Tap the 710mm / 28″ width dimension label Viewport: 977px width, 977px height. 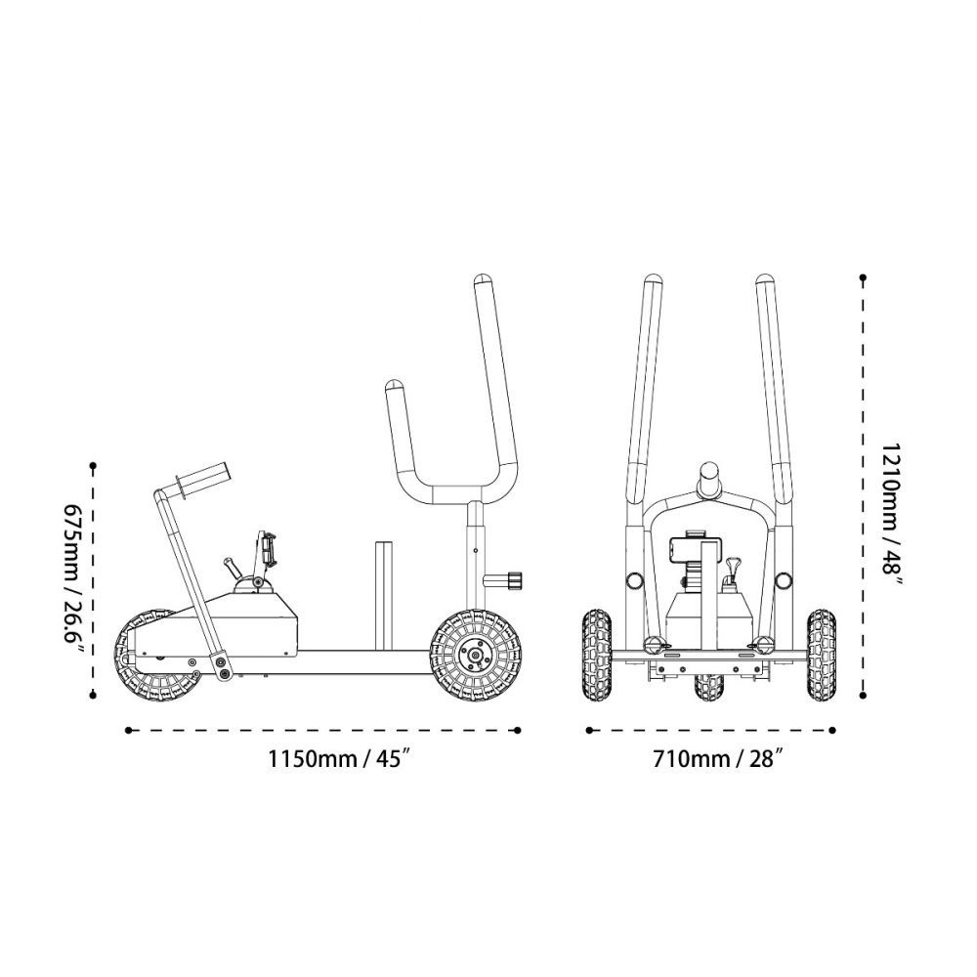coord(717,759)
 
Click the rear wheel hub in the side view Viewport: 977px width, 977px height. coord(475,655)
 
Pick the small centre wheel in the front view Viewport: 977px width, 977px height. coord(709,686)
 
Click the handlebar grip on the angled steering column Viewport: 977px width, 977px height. coord(203,479)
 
